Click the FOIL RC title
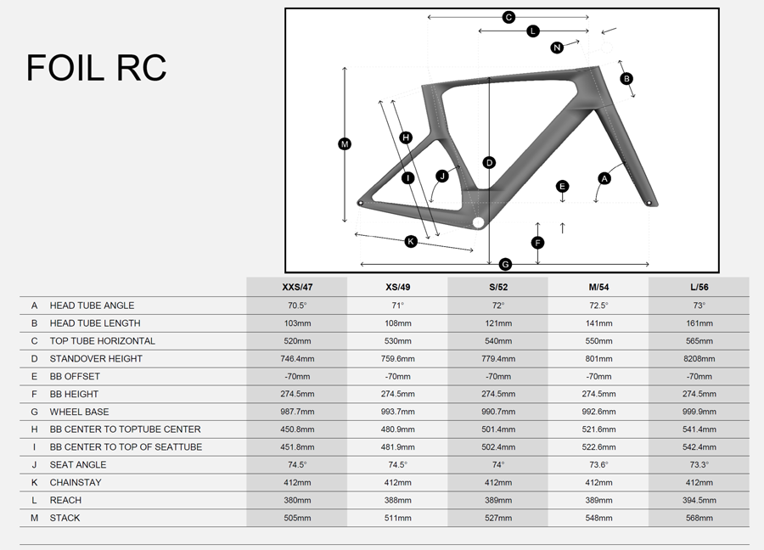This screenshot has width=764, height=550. [96, 69]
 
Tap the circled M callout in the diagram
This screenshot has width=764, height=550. [345, 144]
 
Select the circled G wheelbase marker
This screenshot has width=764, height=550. [505, 264]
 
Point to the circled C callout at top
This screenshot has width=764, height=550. [508, 17]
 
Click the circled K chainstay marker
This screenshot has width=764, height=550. [411, 241]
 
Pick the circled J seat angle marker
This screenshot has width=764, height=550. [441, 176]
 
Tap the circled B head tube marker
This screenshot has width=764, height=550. [626, 78]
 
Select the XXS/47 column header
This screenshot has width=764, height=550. [297, 287]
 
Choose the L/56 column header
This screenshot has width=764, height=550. [699, 287]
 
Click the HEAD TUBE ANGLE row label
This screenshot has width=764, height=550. [92, 306]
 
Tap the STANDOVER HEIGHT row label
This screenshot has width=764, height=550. [96, 359]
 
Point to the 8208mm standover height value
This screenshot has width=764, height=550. [699, 359]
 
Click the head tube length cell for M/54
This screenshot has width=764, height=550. [598, 323]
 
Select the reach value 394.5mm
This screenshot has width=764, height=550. [699, 501]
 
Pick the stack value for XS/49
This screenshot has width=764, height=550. [397, 519]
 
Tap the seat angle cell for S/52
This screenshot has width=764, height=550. [498, 465]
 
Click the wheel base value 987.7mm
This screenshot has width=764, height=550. [297, 412]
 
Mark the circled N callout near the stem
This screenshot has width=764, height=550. [557, 48]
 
